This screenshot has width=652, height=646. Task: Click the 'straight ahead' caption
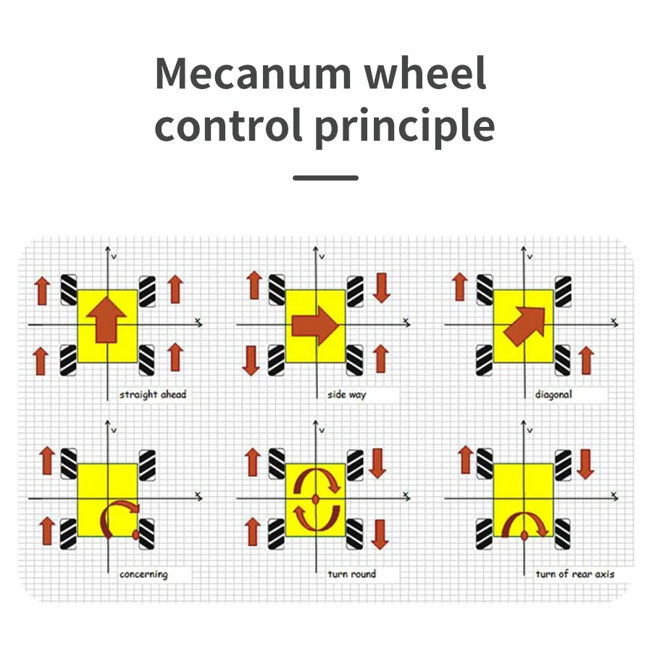(x=153, y=394)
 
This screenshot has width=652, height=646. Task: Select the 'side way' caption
(x=347, y=394)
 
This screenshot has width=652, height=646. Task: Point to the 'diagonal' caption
(x=553, y=394)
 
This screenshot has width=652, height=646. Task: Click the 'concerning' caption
(x=143, y=574)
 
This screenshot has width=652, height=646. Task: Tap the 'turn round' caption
(x=352, y=574)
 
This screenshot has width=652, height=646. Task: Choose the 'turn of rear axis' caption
(x=575, y=574)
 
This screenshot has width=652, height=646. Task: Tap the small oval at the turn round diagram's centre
(x=316, y=500)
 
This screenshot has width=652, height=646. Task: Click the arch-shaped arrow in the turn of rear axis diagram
(x=523, y=523)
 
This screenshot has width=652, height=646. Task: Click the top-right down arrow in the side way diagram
(x=382, y=287)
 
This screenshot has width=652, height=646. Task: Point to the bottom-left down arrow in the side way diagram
(x=251, y=360)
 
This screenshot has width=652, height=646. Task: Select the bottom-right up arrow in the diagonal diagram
(x=587, y=360)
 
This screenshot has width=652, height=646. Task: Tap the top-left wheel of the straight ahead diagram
(x=69, y=289)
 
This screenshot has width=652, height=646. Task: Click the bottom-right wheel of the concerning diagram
(x=147, y=534)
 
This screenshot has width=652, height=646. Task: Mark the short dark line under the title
(x=325, y=178)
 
